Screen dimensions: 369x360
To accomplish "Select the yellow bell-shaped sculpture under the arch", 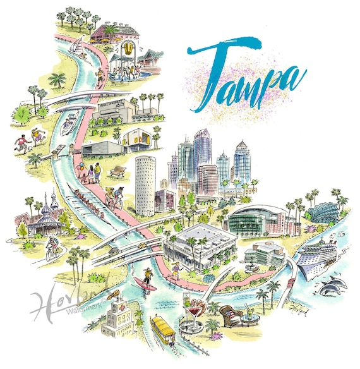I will click(x=129, y=49).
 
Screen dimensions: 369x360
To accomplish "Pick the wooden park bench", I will click(x=117, y=171).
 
